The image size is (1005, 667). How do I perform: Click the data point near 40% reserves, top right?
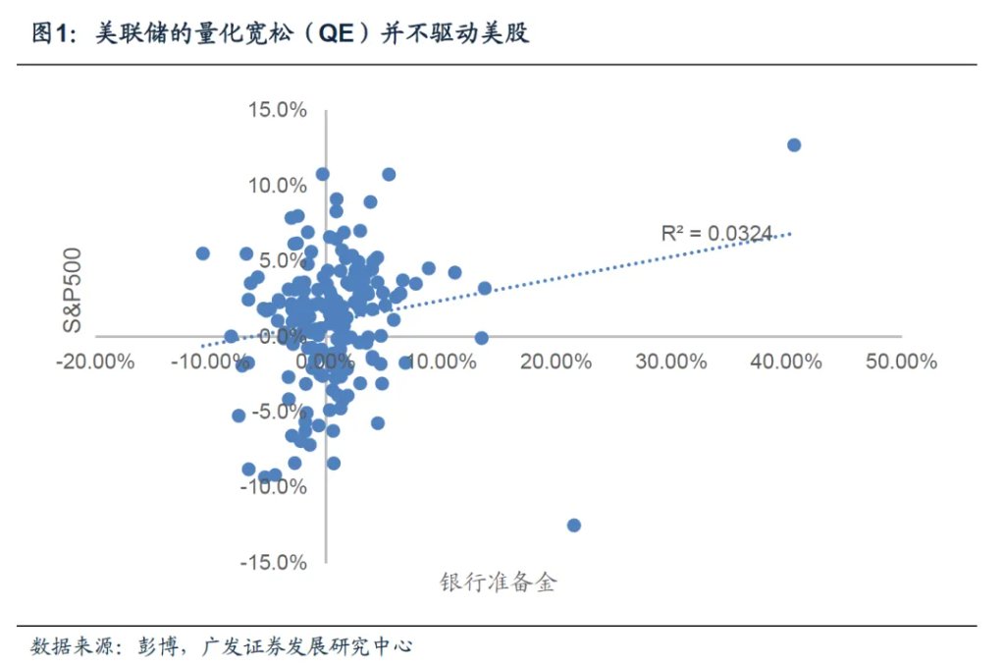point(794,145)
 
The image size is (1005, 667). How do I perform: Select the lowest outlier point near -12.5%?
point(574,525)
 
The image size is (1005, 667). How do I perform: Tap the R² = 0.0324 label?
point(717,233)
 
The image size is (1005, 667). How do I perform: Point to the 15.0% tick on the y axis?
point(278,109)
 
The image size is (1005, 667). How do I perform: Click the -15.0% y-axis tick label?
point(274,562)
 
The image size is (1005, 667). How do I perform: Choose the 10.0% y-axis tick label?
point(278,185)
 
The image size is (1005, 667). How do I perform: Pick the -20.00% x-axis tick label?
point(94,361)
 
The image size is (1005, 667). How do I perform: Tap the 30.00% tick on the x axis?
point(670,361)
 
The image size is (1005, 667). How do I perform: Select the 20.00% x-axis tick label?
point(556,361)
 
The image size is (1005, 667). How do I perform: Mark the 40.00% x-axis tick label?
point(785,361)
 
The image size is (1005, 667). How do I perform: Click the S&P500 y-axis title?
point(72,290)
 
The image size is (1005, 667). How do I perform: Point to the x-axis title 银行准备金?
point(498,583)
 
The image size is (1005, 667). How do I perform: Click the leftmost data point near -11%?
point(203,253)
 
